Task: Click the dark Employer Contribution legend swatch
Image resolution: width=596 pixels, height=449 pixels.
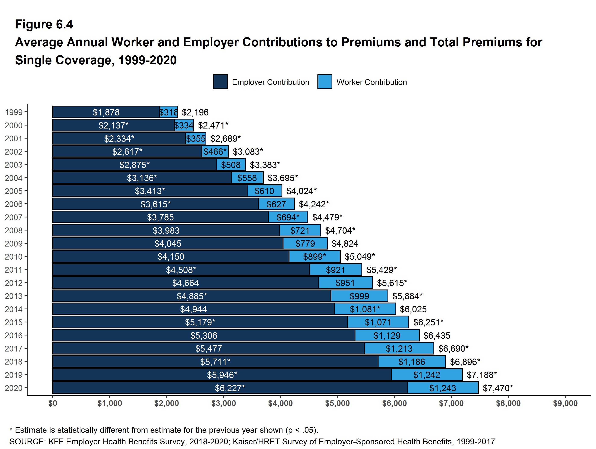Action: (x=220, y=82)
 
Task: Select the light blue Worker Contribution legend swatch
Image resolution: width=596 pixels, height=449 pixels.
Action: (x=325, y=82)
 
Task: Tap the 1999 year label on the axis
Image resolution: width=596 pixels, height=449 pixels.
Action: (x=13, y=112)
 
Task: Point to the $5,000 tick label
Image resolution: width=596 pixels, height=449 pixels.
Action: (x=337, y=403)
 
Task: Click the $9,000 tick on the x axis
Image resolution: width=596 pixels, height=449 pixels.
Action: (x=565, y=403)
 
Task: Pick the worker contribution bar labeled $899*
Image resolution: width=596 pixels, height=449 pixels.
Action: (x=314, y=256)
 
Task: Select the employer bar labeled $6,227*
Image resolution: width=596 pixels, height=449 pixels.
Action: (x=230, y=388)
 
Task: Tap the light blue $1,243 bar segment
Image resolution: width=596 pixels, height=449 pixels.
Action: (x=443, y=388)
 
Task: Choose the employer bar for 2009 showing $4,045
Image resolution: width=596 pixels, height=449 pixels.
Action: (x=168, y=244)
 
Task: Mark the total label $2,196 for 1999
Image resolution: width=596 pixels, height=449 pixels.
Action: (x=195, y=112)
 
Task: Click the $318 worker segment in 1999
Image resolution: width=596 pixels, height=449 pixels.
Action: (x=169, y=112)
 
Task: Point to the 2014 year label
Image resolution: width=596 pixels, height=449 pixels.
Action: (x=13, y=309)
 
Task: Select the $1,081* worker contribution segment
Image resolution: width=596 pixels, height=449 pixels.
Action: (x=365, y=309)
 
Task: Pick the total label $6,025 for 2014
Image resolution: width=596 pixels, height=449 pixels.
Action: (x=413, y=309)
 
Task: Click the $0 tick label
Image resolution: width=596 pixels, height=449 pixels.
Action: (x=53, y=403)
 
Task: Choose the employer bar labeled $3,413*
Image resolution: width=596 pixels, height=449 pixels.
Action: (x=150, y=191)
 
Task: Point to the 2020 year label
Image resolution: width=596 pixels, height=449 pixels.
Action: (x=13, y=388)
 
